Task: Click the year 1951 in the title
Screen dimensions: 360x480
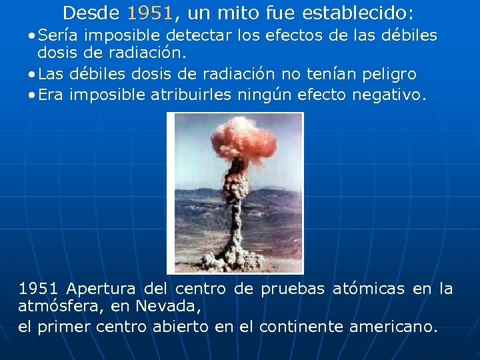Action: (x=150, y=13)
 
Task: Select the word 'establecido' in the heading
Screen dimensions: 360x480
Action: (x=357, y=13)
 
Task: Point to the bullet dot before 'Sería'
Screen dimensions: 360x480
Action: (x=32, y=35)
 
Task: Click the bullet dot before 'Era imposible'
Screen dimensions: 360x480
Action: (x=32, y=95)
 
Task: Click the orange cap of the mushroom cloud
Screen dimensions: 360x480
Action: (x=243, y=143)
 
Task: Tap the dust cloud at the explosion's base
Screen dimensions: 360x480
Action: (x=237, y=257)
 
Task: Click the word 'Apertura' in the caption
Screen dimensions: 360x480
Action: (x=99, y=289)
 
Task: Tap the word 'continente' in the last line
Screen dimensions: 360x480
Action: (x=300, y=327)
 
